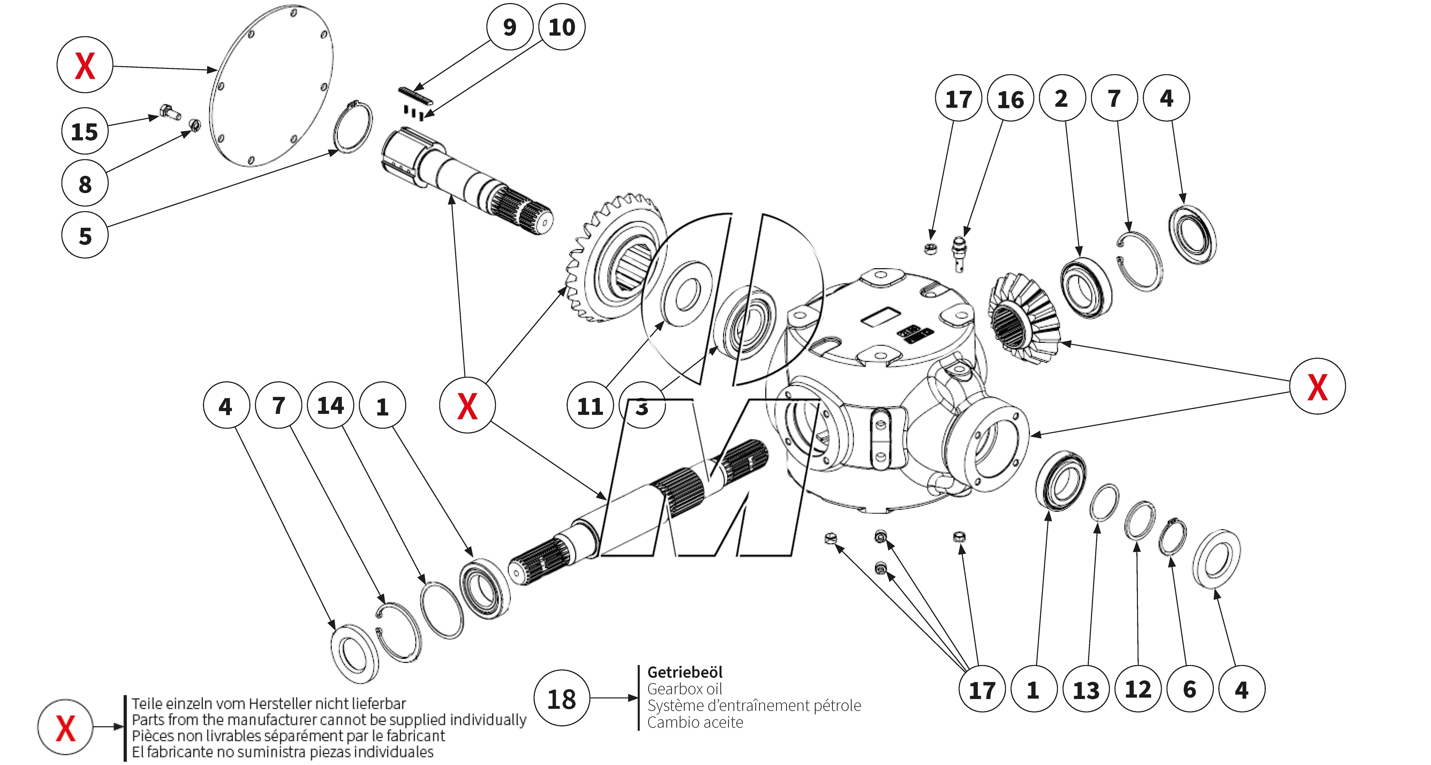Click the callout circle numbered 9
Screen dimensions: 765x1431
pyautogui.click(x=509, y=27)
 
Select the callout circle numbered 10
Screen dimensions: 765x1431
pyautogui.click(x=562, y=27)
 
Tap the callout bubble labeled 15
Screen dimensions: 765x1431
pyautogui.click(x=84, y=132)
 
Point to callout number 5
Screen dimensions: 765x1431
pyautogui.click(x=84, y=236)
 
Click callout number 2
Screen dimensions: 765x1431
pyautogui.click(x=1062, y=98)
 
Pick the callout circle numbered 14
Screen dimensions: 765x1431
pyautogui.click(x=330, y=405)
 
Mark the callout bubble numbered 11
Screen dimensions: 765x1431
pyautogui.click(x=590, y=406)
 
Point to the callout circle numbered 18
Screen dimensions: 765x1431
pyautogui.click(x=562, y=698)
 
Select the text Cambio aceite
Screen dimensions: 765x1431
pyautogui.click(x=695, y=722)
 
